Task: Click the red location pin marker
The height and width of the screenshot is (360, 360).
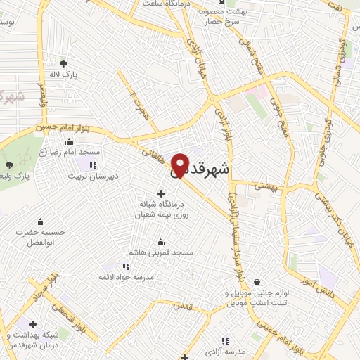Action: click(x=181, y=165)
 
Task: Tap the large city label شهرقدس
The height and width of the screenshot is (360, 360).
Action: click(x=209, y=169)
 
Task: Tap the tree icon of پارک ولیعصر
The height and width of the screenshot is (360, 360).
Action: click(x=9, y=166)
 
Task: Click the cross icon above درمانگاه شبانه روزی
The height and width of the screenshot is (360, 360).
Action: click(x=162, y=193)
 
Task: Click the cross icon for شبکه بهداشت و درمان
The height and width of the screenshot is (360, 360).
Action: click(x=32, y=324)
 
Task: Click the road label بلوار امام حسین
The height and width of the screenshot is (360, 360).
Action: click(x=56, y=129)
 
